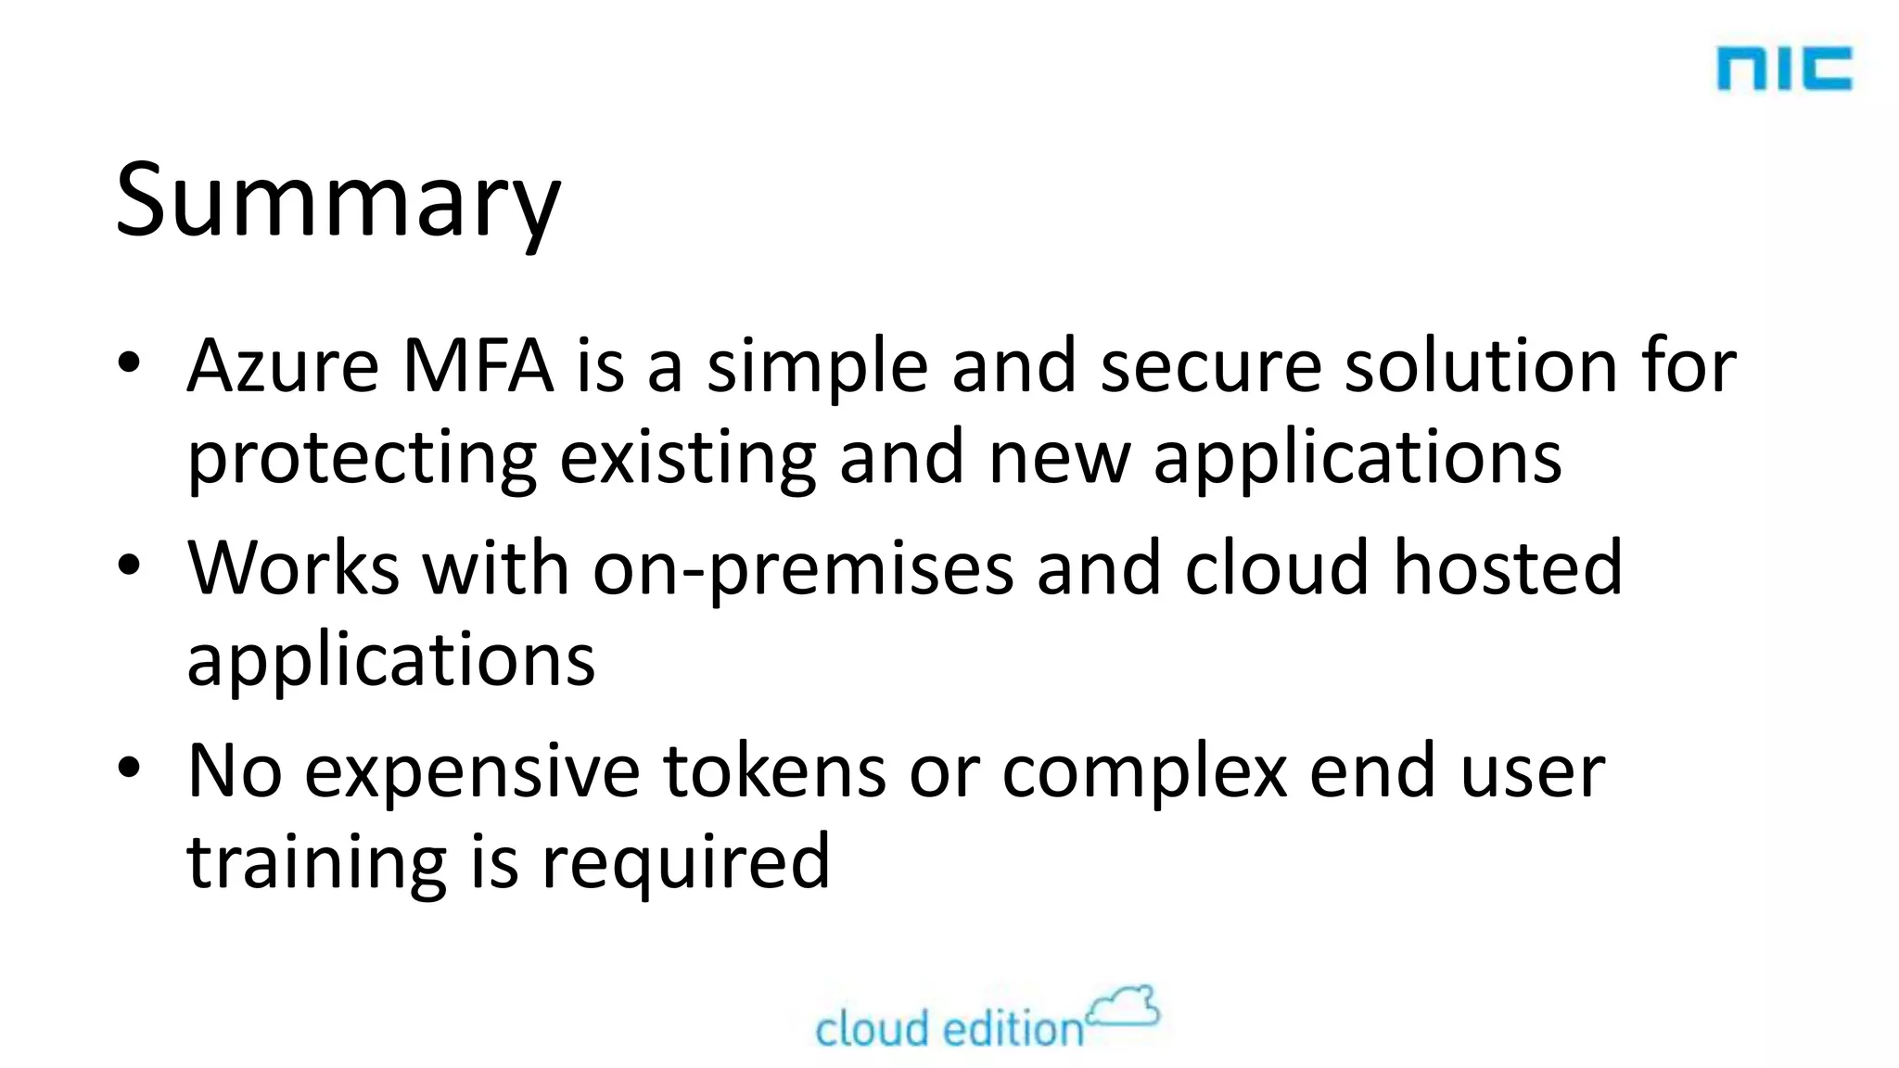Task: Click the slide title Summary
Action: tap(338, 202)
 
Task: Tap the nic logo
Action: tap(1784, 70)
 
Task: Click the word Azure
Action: tap(283, 366)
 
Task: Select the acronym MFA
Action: tap(478, 366)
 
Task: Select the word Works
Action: tap(294, 568)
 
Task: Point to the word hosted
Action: tap(1508, 568)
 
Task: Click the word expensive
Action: tap(472, 772)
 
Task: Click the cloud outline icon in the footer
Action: tap(1123, 1008)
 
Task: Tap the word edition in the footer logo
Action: tap(1013, 1030)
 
